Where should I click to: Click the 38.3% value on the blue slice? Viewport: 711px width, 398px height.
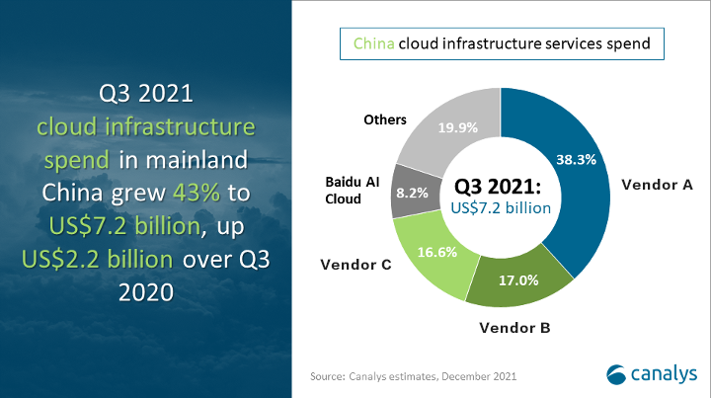point(576,160)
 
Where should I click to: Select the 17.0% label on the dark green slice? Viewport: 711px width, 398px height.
point(518,280)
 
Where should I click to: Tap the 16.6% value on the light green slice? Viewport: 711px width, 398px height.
point(437,252)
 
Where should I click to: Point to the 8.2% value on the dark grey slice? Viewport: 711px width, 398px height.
point(412,194)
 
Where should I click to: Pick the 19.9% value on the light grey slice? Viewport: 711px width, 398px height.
point(457,127)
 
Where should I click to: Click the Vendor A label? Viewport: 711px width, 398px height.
point(657,185)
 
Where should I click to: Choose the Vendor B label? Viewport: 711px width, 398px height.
point(514,327)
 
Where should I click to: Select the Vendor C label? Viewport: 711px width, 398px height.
point(355,265)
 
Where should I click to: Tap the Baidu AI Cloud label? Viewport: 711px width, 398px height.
point(353,191)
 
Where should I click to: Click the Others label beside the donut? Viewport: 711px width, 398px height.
point(385,119)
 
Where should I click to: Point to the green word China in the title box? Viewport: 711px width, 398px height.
point(373,43)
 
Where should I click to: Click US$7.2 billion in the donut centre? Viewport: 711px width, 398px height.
point(501,208)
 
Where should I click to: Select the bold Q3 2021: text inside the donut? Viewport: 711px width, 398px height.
point(498,186)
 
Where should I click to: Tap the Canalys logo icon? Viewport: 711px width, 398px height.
point(616,374)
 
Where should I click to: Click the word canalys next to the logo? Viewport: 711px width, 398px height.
point(664,374)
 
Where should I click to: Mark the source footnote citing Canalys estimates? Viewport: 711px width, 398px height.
point(413,376)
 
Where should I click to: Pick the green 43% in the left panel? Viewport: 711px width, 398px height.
point(197,193)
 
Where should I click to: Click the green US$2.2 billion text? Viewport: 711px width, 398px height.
point(97,260)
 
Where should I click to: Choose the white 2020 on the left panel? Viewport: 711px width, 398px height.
point(146,292)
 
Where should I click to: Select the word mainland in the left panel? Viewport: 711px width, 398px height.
point(197,160)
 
